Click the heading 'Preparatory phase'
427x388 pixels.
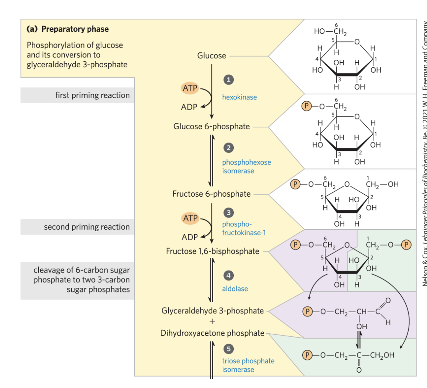67,29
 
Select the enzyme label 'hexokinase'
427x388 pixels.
240,97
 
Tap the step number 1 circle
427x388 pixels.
228,80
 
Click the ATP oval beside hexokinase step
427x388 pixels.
190,88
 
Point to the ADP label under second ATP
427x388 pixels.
190,237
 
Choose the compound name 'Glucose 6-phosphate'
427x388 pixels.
212,126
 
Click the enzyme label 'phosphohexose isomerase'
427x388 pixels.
246,166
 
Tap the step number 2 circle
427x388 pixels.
228,148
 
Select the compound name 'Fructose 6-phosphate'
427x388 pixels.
212,194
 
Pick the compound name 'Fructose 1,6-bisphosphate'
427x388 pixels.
212,251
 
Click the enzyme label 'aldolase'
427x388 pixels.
235,289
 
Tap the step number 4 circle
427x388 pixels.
228,276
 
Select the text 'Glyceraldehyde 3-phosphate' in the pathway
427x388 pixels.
213,310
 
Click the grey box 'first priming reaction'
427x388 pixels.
77,95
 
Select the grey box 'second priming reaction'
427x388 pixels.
77,227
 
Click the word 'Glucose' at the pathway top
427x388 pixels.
212,56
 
